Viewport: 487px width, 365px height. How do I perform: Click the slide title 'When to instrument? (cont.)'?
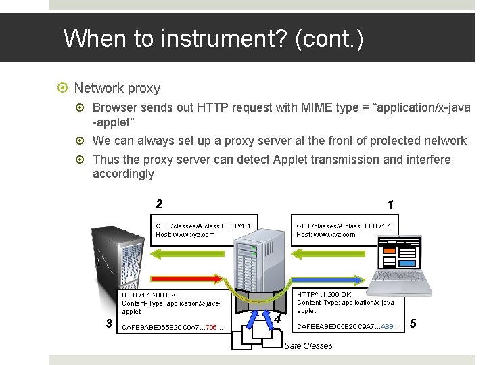(213, 39)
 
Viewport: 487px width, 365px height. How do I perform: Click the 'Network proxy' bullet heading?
(117, 88)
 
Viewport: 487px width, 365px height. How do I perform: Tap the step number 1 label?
(390, 204)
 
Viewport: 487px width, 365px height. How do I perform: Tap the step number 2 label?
(159, 203)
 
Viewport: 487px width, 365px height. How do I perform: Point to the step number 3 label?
(110, 322)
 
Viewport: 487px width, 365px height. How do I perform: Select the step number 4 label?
(277, 318)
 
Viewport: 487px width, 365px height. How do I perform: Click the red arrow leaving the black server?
(189, 277)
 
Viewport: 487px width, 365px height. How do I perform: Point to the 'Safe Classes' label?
(308, 346)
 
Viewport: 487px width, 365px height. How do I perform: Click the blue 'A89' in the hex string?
(389, 327)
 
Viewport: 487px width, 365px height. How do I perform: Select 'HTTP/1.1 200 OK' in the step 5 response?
(324, 295)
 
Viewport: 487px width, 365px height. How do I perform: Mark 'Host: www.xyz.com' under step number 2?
(185, 235)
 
